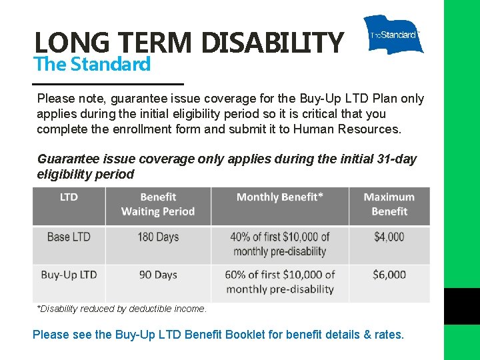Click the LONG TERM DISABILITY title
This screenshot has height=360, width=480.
pos(189,43)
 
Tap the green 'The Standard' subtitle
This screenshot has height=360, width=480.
pos(92,65)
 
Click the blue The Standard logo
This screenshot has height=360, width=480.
pos(393,35)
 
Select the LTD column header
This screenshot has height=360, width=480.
pos(69,197)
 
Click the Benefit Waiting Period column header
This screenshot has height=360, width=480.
pos(158,205)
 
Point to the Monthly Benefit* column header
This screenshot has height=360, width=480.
pos(280,197)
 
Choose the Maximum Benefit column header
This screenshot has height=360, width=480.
pos(389,205)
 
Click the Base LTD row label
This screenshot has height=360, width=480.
pos(69,237)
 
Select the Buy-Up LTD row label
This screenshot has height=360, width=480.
pos(69,275)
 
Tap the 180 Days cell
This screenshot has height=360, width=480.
pos(158,237)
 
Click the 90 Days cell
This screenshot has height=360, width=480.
pos(158,275)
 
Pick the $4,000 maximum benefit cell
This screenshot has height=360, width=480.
pos(389,237)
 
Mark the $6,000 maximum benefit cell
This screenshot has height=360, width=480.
pos(389,275)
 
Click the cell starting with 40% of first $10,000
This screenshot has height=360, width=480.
pos(280,244)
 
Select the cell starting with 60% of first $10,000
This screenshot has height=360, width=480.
pos(280,282)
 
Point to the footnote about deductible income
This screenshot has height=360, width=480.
pos(122,309)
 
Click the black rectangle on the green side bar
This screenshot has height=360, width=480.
pos(462,306)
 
